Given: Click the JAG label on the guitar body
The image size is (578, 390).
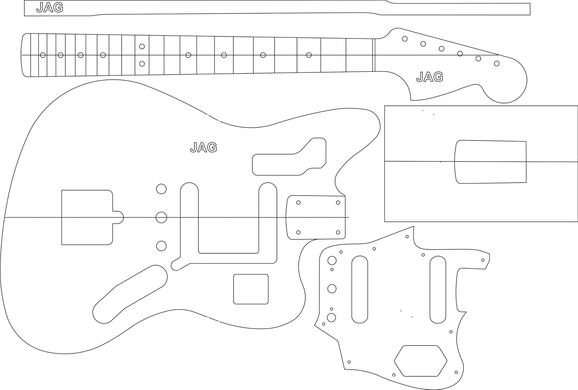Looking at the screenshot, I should click(x=203, y=147).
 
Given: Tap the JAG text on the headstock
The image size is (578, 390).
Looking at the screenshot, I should click(x=430, y=77).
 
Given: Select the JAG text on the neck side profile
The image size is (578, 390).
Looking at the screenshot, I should click(x=50, y=8).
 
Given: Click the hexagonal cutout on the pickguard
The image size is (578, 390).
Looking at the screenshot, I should click(x=420, y=361).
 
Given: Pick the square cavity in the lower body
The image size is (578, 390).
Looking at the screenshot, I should click(x=251, y=289).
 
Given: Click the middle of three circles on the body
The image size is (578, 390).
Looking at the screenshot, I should click(x=161, y=218).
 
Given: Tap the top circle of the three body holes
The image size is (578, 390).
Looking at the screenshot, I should click(x=161, y=189).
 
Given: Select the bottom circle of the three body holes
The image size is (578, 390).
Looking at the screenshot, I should click(x=161, y=246).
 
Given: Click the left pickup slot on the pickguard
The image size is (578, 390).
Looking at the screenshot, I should click(x=360, y=289).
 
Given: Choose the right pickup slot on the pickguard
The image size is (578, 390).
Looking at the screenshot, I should click(x=438, y=289).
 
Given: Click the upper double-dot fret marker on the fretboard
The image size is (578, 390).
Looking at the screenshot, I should click(x=142, y=46).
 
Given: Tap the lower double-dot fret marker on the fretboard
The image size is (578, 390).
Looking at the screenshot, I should click(x=142, y=64).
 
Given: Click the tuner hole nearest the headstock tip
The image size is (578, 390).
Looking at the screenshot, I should click(x=497, y=63).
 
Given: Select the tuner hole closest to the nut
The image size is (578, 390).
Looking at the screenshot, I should click(x=405, y=39).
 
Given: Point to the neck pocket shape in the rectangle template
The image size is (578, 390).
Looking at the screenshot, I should click(x=491, y=162).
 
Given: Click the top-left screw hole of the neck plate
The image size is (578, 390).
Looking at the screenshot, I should click(x=298, y=203).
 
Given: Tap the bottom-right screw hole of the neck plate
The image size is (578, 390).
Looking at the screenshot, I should click(x=338, y=232).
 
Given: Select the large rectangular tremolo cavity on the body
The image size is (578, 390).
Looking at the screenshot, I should click(x=87, y=217).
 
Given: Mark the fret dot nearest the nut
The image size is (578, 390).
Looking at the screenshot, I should click(x=309, y=55).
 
